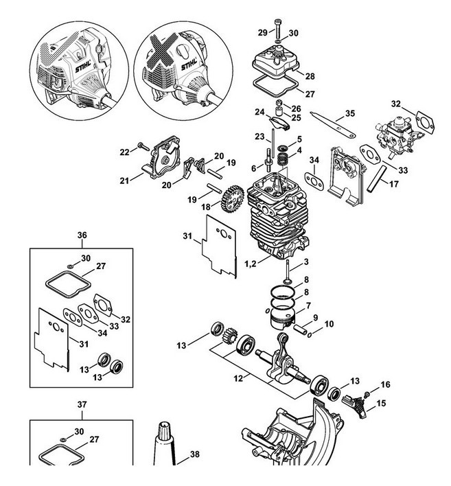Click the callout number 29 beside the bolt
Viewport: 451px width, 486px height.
coord(262,32)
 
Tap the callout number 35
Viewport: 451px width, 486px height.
coord(350,113)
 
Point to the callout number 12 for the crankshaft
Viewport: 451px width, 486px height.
coord(238,378)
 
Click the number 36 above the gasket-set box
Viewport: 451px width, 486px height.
coord(82,235)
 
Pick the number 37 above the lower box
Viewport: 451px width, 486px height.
coord(82,404)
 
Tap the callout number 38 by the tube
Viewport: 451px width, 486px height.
coord(194,454)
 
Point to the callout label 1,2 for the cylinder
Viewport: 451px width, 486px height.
coord(251,264)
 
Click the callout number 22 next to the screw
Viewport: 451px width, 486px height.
coord(125,152)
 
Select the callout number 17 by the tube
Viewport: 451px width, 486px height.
coord(393,184)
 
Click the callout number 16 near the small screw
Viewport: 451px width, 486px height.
coord(385,384)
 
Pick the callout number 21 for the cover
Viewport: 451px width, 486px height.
coord(124,181)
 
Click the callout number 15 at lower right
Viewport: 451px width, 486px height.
coord(381,403)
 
